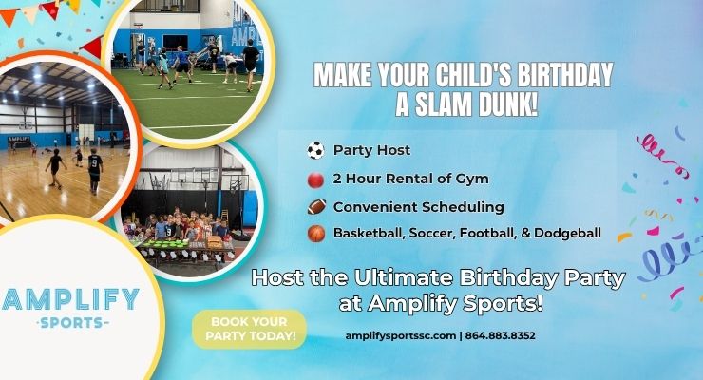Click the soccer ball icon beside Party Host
coord(315,151)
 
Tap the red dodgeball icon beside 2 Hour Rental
coord(315,179)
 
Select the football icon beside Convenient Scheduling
coord(315,206)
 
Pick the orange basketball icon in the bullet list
coord(315,233)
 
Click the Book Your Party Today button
coord(249,329)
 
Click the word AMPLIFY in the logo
coord(71,299)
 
